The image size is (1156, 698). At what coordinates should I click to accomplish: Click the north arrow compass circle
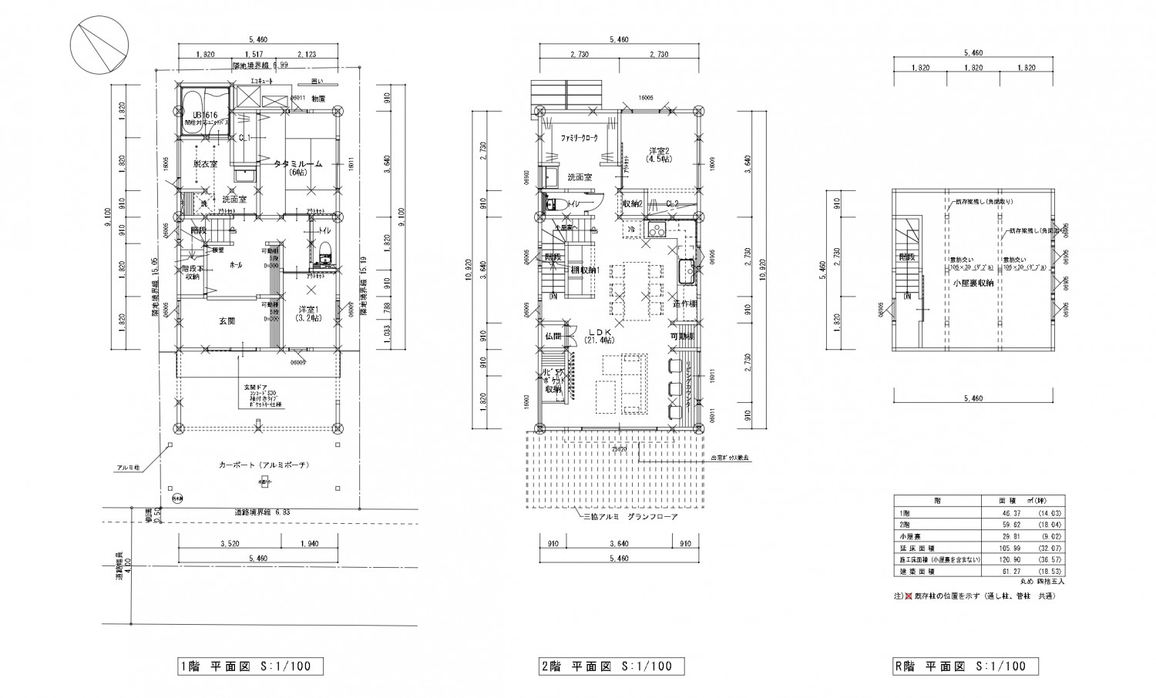point(98,46)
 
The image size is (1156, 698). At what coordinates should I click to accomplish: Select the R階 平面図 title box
point(965,666)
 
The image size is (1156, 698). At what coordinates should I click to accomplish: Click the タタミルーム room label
point(297,164)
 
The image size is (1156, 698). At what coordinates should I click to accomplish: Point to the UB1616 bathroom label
point(206,116)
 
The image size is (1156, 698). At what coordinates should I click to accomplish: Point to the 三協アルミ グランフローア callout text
point(630,517)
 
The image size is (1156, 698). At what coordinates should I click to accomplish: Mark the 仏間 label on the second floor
point(552,337)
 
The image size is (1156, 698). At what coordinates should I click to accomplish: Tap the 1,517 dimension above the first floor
point(251,54)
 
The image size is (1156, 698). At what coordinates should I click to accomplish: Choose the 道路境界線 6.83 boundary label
point(260,512)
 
